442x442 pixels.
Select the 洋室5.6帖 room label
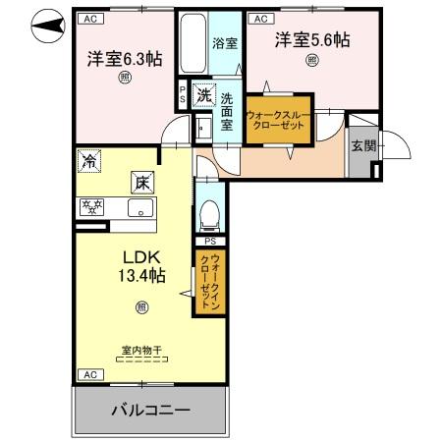[312, 40]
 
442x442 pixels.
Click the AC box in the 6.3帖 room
[89, 18]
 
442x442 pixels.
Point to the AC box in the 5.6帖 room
[260, 18]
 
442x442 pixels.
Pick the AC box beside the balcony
[89, 375]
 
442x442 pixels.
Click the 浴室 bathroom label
[225, 43]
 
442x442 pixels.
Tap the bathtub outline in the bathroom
[193, 43]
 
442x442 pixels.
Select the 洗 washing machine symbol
[202, 95]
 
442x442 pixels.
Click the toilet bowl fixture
[208, 210]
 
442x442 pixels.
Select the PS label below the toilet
[209, 241]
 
